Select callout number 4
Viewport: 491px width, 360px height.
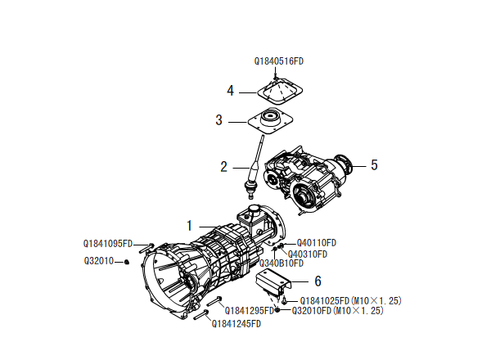(231, 90)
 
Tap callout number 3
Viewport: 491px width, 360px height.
(219, 120)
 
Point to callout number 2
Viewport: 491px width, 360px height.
(223, 167)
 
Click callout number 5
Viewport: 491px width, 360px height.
(374, 165)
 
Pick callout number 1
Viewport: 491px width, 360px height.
(189, 225)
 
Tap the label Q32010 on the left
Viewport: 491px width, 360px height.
(98, 261)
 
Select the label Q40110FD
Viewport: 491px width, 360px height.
(317, 243)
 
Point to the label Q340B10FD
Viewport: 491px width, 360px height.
(282, 263)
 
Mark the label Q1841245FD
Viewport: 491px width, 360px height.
(236, 324)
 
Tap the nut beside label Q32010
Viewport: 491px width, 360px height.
(128, 262)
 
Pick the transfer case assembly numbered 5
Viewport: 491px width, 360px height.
(310, 179)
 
